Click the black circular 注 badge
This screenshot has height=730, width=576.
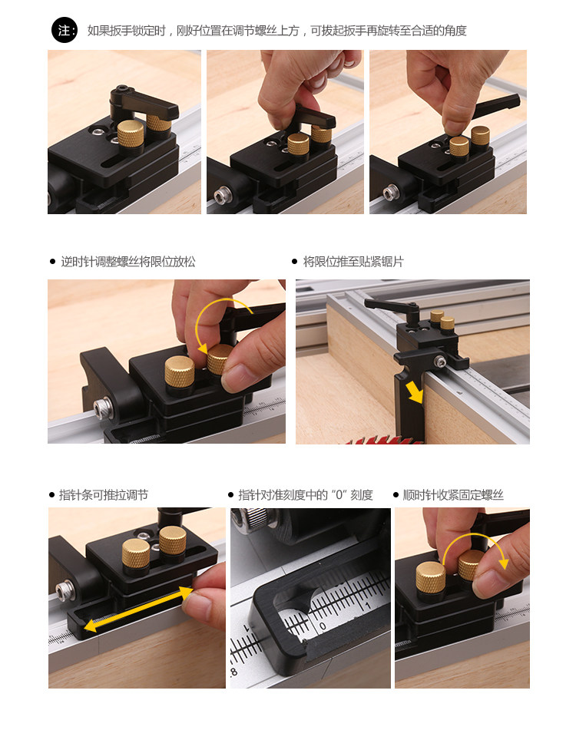[65, 30]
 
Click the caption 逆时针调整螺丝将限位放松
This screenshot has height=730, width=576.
[128, 262]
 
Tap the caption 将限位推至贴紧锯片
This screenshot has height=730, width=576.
[353, 262]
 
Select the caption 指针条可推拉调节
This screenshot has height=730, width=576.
[104, 495]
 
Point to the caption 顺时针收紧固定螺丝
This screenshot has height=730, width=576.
[453, 495]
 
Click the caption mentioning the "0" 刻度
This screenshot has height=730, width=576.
[306, 495]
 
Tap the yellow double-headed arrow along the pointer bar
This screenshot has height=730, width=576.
[139, 609]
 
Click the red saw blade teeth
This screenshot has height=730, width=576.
[382, 440]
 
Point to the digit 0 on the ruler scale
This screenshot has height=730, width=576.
[323, 626]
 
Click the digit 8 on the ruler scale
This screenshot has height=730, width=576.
[233, 672]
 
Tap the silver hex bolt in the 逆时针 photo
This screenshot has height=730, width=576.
[101, 408]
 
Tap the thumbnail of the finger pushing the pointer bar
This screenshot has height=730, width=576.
[137, 598]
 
